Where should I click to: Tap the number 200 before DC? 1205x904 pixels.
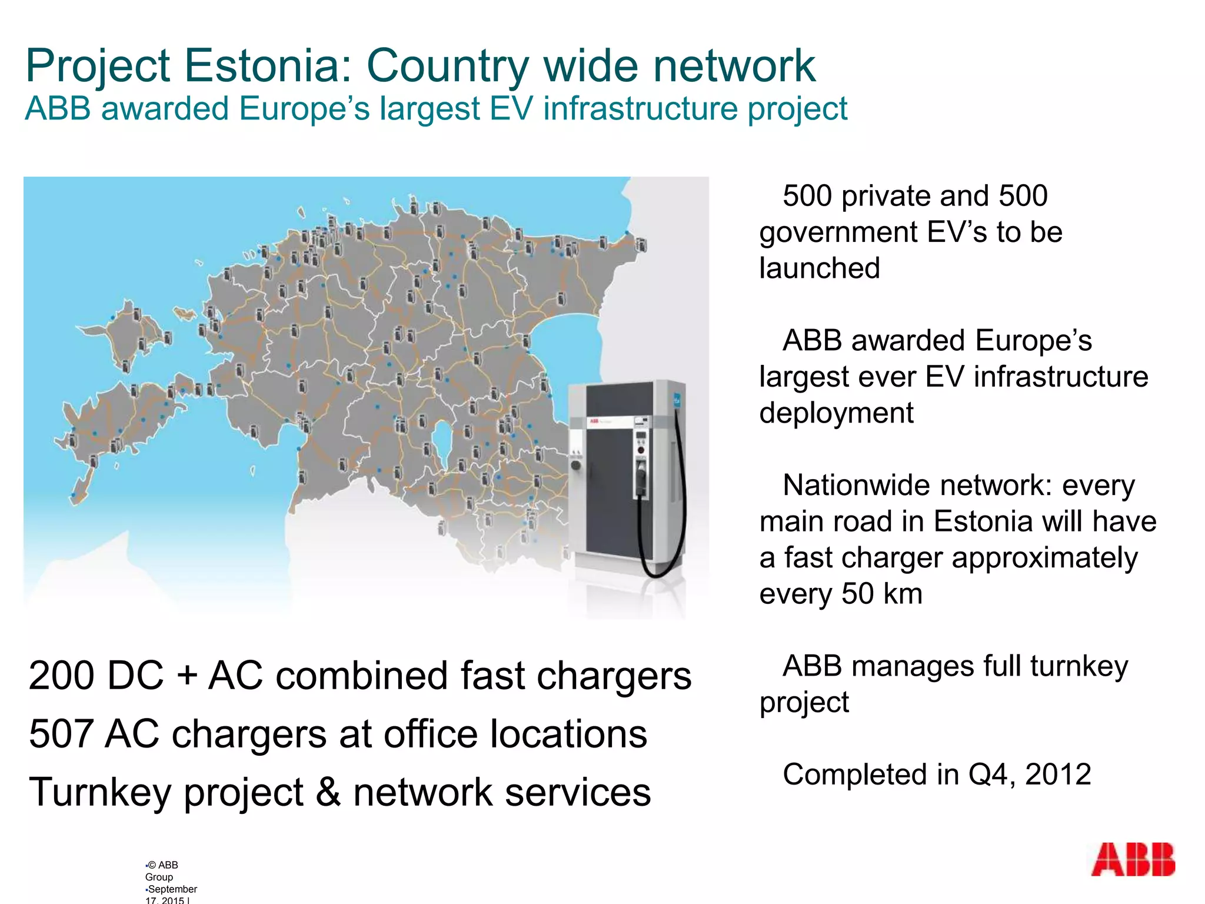pos(61,676)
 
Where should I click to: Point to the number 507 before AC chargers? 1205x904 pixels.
pos(61,734)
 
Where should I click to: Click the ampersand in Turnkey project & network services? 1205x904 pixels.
pos(328,792)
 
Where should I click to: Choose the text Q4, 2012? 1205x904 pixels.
pos(1030,775)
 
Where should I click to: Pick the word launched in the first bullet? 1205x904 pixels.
pos(820,268)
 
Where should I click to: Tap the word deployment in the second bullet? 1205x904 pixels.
pos(836,413)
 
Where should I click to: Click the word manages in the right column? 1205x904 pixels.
pos(913,667)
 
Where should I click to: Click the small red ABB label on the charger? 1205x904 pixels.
pos(594,421)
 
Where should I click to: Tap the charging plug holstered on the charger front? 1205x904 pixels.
pos(641,477)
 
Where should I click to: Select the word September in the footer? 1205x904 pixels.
pos(172,889)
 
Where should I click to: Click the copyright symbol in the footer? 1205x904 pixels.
pos(152,865)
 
